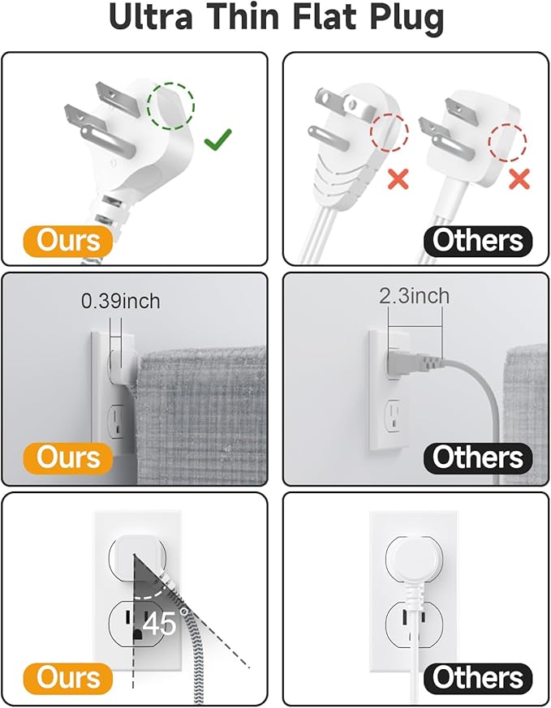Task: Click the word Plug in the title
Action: (402, 19)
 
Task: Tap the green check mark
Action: (216, 142)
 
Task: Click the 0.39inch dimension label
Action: (120, 302)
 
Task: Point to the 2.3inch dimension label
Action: (414, 296)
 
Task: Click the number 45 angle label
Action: (161, 624)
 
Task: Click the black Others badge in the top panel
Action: (477, 241)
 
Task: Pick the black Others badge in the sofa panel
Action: (477, 457)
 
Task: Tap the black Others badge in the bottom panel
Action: (477, 678)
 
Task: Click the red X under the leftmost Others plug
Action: (398, 178)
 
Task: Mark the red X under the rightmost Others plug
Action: (519, 178)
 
